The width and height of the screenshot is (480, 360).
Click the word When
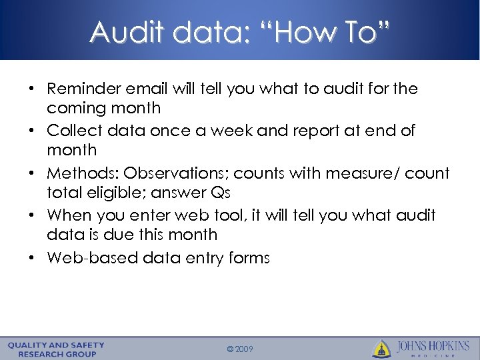click(67, 215)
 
